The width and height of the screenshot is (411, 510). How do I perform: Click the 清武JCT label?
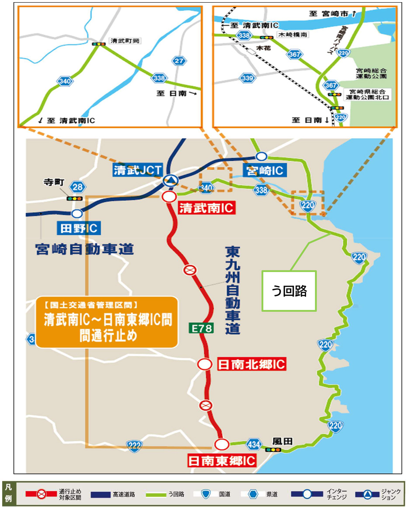click(138, 169)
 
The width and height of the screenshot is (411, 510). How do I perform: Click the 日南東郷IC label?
click(221, 460)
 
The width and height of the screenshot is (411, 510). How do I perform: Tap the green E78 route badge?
click(202, 328)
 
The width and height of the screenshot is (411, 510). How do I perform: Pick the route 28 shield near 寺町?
click(77, 188)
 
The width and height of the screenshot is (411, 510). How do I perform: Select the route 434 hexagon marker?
click(254, 443)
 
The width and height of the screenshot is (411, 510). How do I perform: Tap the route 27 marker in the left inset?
click(179, 61)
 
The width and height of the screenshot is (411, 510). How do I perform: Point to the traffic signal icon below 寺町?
click(74, 198)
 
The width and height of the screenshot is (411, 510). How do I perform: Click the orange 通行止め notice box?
click(107, 322)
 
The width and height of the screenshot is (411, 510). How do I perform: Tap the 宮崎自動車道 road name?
click(84, 249)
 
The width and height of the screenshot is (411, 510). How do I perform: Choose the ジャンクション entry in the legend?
click(378, 494)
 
